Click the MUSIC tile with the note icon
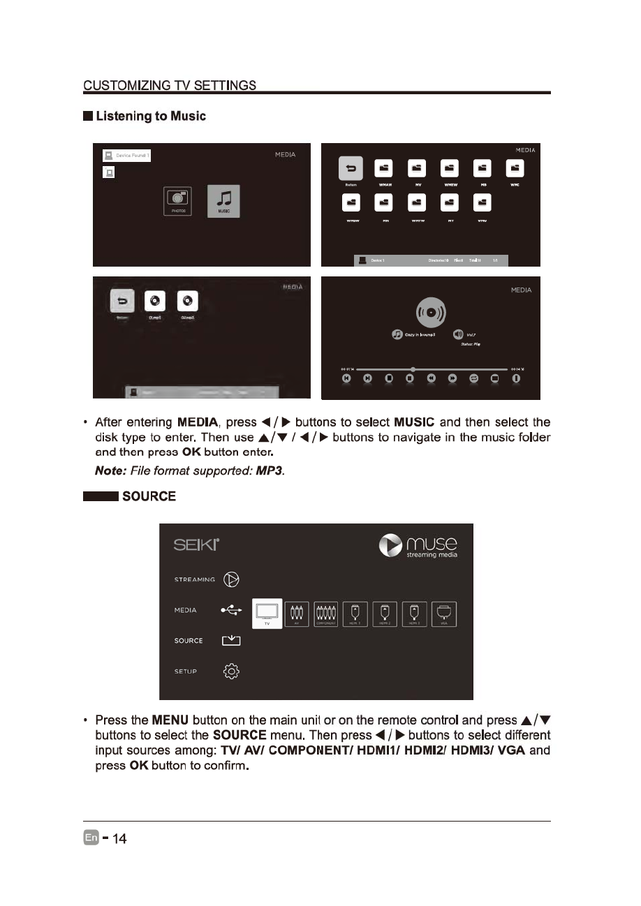[x=223, y=201]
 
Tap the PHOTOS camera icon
[x=177, y=201]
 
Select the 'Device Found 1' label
[x=127, y=156]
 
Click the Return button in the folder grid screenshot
[x=351, y=168]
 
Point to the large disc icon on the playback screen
[x=432, y=311]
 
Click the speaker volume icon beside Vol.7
[x=458, y=334]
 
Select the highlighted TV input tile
[x=267, y=614]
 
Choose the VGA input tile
[x=444, y=614]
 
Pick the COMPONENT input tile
[x=326, y=614]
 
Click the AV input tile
[x=297, y=614]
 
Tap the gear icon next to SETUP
[x=231, y=671]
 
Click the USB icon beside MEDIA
[x=231, y=610]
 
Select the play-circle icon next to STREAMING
[x=231, y=579]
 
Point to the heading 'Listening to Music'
[x=151, y=116]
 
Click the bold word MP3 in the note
[x=269, y=473]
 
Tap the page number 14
[x=119, y=838]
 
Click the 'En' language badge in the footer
[x=91, y=838]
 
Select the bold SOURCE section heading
[x=149, y=496]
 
